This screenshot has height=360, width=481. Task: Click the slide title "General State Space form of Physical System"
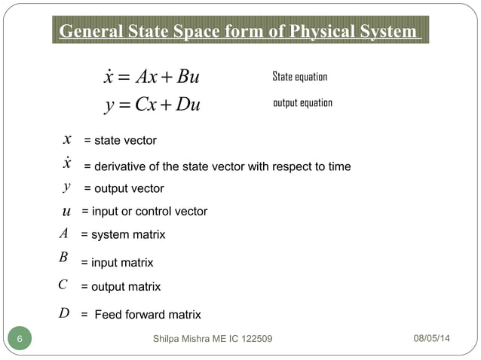[240, 32]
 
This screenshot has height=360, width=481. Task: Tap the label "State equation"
[299, 78]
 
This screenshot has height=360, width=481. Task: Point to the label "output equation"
[302, 102]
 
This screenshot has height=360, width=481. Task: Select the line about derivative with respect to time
[216, 166]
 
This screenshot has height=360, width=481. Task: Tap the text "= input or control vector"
[144, 212]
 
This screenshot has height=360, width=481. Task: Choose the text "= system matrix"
[123, 235]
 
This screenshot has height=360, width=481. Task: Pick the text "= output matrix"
[121, 287]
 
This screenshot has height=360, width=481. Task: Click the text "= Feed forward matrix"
[141, 315]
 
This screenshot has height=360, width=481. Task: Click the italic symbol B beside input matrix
[63, 258]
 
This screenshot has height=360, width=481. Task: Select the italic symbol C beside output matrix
[63, 285]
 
